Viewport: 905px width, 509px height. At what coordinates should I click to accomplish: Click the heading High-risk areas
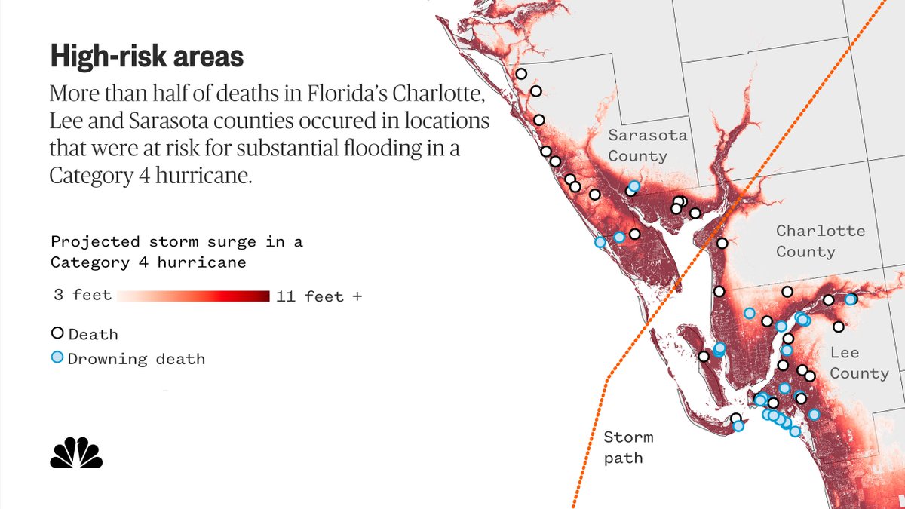(146, 57)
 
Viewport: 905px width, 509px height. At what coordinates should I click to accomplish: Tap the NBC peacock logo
(76, 452)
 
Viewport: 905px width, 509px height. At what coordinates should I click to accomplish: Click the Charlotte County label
(820, 241)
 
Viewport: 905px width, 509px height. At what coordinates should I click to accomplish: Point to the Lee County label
(858, 363)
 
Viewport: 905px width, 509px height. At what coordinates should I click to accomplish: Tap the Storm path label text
(627, 447)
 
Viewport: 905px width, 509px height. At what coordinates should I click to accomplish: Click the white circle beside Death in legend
(57, 333)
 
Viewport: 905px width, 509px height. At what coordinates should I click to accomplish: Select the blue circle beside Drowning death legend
(57, 357)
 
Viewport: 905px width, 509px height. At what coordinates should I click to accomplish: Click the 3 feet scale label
(81, 295)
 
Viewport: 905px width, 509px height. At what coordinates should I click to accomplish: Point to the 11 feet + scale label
(318, 296)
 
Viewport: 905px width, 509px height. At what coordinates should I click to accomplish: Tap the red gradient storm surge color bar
(193, 295)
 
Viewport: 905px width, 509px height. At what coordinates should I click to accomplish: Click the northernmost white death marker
(521, 74)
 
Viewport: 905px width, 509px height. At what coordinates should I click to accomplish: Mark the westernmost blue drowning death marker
(600, 242)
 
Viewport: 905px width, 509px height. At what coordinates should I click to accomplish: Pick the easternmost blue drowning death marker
(851, 299)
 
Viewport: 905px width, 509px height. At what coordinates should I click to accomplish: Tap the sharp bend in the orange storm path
(606, 377)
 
